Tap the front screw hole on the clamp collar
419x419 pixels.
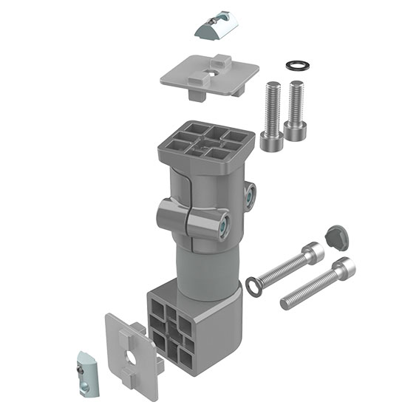pos(222,225)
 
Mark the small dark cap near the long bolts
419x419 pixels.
pos(336,236)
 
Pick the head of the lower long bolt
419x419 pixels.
pos(344,269)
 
